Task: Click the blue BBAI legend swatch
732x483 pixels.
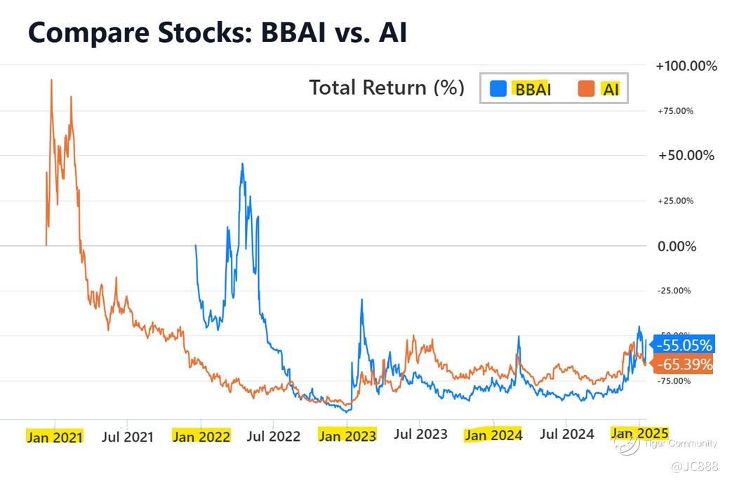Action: pyautogui.click(x=498, y=88)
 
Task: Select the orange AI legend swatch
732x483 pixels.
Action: pyautogui.click(x=586, y=88)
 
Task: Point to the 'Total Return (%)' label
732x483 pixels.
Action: pyautogui.click(x=387, y=88)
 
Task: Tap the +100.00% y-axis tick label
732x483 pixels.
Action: pyautogui.click(x=686, y=66)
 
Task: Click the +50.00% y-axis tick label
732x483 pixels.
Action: pyautogui.click(x=686, y=155)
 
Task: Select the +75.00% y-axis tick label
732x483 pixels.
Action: pyautogui.click(x=675, y=111)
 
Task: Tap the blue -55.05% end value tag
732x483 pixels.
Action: pyautogui.click(x=683, y=345)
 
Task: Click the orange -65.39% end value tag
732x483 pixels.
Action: pyautogui.click(x=683, y=364)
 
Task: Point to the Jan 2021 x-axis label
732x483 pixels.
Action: pyautogui.click(x=54, y=437)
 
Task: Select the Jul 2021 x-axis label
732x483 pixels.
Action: pyautogui.click(x=127, y=437)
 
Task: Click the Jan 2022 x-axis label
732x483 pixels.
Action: pyautogui.click(x=201, y=437)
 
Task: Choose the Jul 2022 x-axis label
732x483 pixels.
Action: pyautogui.click(x=274, y=437)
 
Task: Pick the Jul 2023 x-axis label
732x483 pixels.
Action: pyautogui.click(x=420, y=435)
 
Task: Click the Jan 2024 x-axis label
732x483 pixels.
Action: pyautogui.click(x=493, y=435)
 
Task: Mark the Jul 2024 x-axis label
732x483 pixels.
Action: pyautogui.click(x=567, y=435)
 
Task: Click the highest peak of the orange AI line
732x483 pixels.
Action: pyautogui.click(x=51, y=80)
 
